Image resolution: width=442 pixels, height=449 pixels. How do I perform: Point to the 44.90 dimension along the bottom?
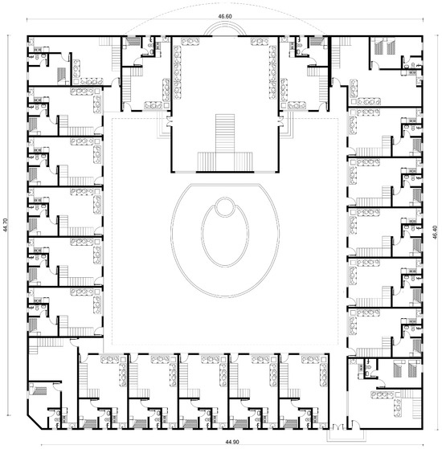click(219, 442)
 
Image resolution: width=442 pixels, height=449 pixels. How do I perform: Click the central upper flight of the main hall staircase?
click(223, 133)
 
